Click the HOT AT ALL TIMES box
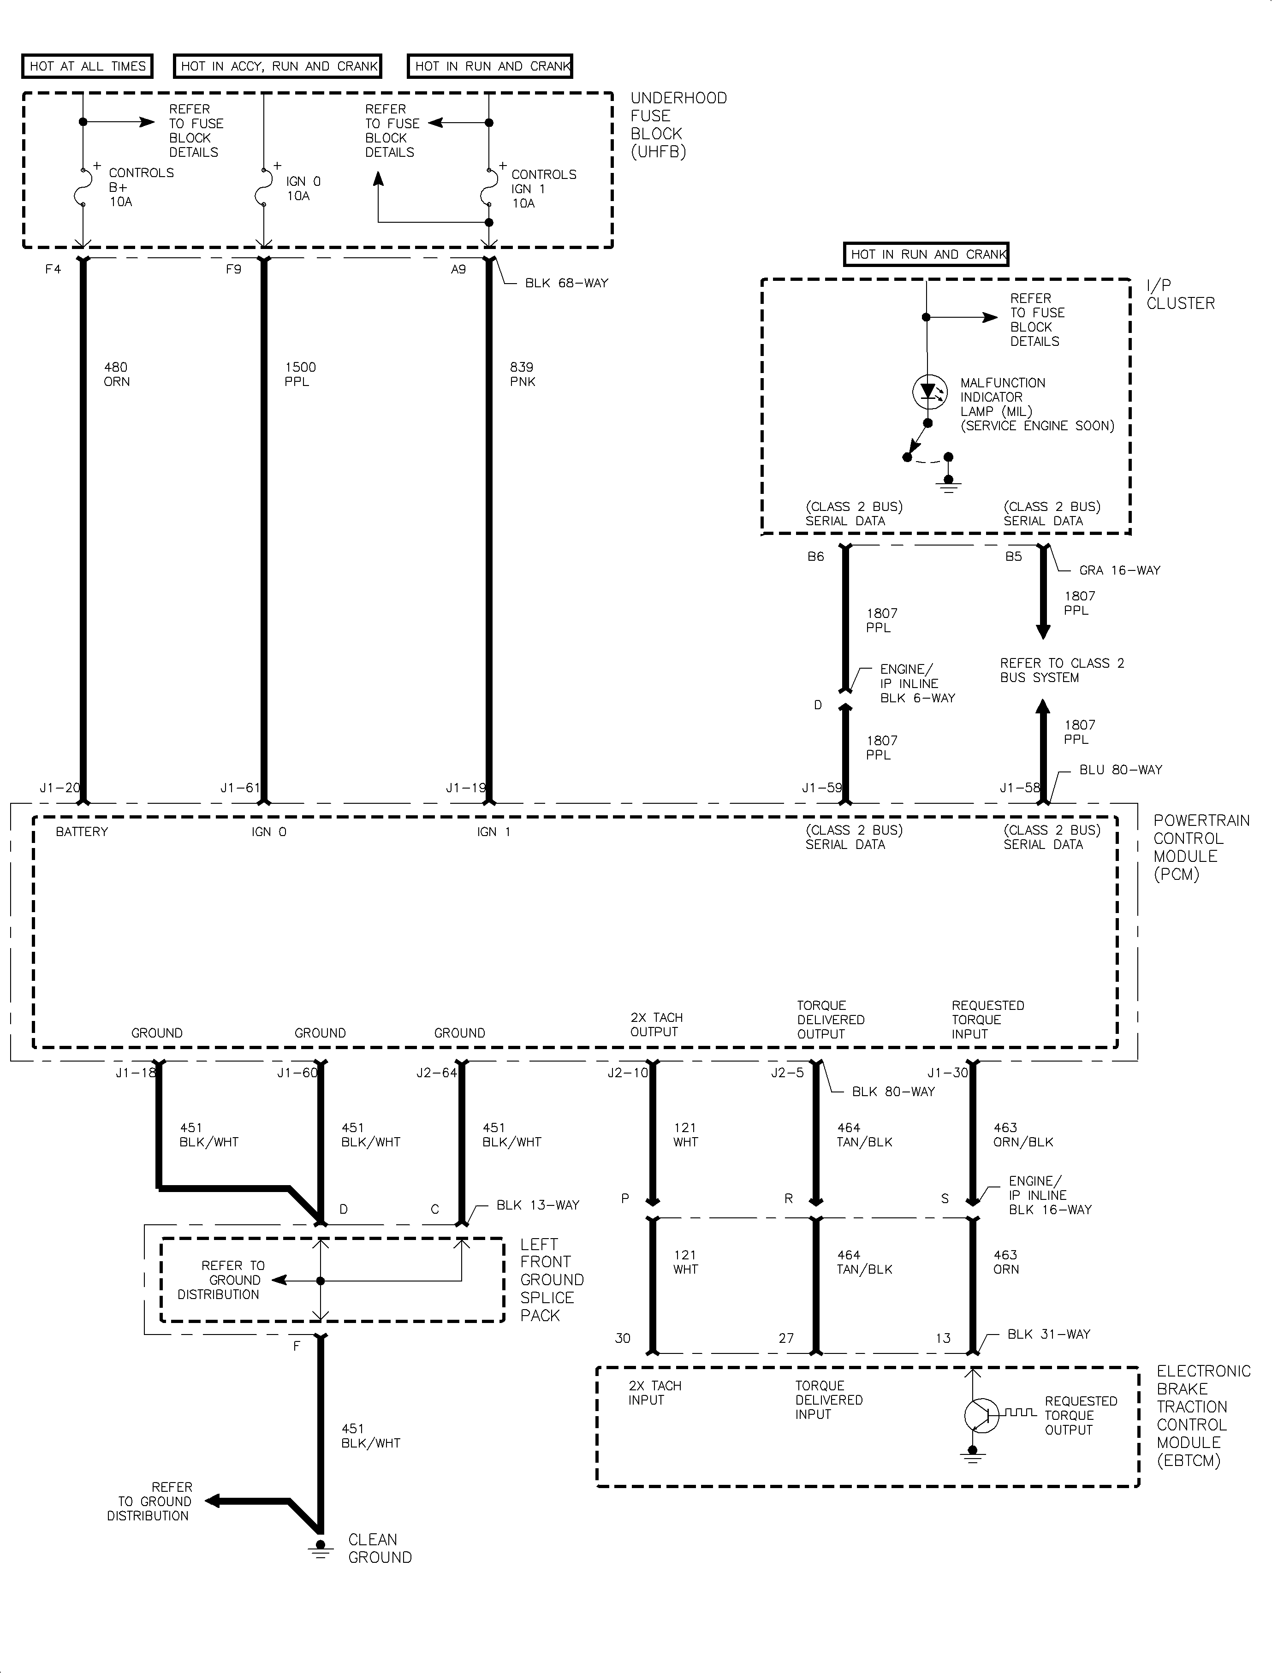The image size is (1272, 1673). [87, 66]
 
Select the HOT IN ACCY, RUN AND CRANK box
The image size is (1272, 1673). [278, 66]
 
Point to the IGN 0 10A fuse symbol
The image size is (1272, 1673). [263, 186]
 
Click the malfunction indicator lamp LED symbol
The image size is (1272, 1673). [928, 392]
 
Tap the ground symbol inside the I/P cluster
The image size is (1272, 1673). [948, 485]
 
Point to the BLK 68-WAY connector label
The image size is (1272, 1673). [566, 283]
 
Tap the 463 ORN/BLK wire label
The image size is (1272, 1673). [1023, 1135]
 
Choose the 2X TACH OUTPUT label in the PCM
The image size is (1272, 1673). [656, 1024]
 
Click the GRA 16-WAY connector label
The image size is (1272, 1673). [1119, 570]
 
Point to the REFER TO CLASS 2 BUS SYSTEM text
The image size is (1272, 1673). [1062, 670]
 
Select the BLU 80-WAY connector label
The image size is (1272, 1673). [1121, 770]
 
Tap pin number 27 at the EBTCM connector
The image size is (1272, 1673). [787, 1338]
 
